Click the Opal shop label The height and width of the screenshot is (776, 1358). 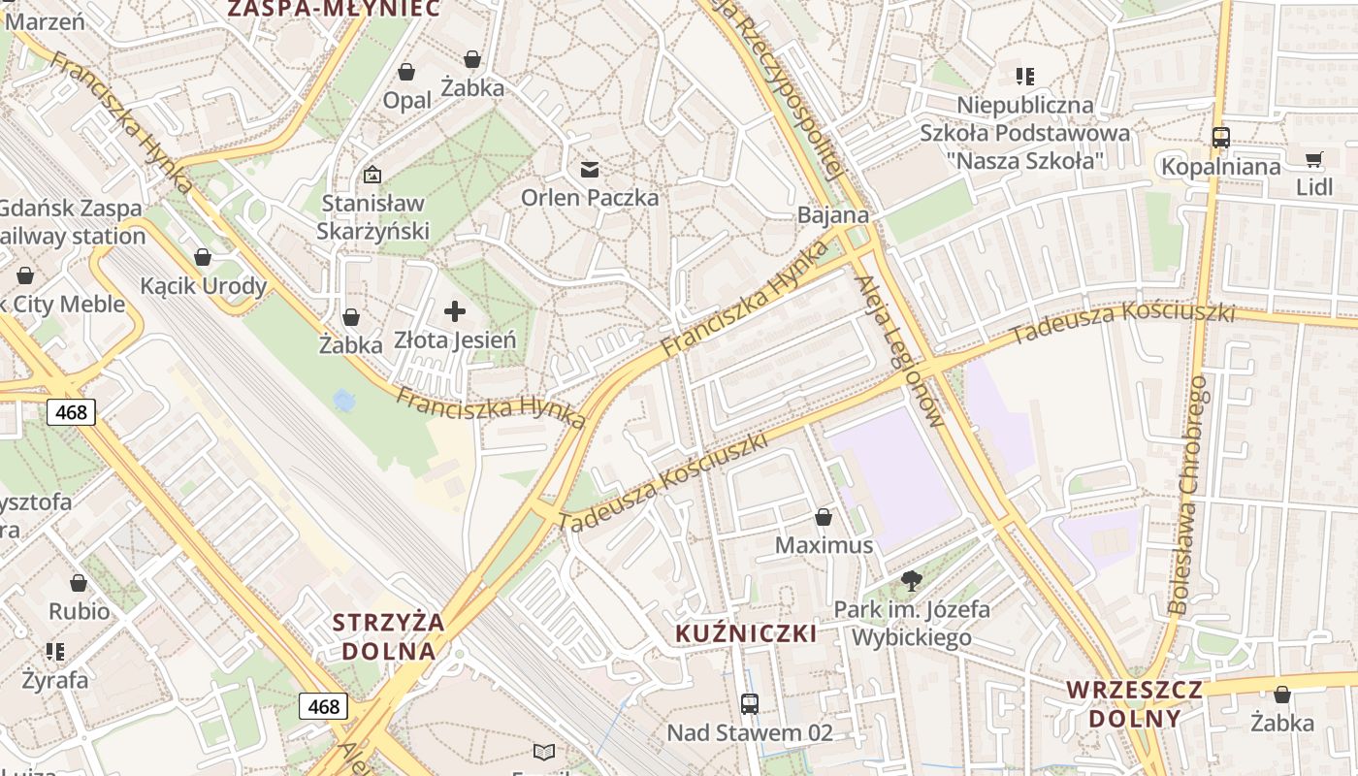click(x=407, y=100)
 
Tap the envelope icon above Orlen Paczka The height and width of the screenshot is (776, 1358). click(x=589, y=171)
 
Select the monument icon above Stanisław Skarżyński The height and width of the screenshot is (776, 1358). click(x=372, y=175)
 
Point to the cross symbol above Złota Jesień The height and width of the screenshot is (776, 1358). click(x=454, y=311)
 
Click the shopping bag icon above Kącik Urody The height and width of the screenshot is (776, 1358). click(x=203, y=257)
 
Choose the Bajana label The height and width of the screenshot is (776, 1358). click(x=833, y=215)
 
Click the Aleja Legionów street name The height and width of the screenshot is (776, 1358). click(x=899, y=351)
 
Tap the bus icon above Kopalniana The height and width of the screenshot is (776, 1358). click(x=1220, y=138)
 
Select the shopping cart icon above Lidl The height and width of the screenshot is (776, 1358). click(x=1313, y=160)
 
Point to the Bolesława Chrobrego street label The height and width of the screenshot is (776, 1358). click(x=1189, y=495)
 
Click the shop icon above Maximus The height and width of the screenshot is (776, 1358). click(x=824, y=517)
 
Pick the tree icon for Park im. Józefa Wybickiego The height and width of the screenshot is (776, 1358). click(x=911, y=581)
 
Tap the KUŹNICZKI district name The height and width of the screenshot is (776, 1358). click(x=746, y=634)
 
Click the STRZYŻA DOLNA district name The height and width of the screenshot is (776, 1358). click(x=388, y=636)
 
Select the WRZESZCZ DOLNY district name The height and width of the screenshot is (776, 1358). click(x=1135, y=704)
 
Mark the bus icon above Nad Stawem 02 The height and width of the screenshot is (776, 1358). click(x=749, y=704)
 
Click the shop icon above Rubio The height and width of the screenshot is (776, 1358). click(x=79, y=583)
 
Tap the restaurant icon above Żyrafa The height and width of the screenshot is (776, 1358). click(x=55, y=651)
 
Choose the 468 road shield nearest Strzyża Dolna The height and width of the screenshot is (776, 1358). click(x=323, y=706)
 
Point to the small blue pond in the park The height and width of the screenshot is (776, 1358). click(x=342, y=400)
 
